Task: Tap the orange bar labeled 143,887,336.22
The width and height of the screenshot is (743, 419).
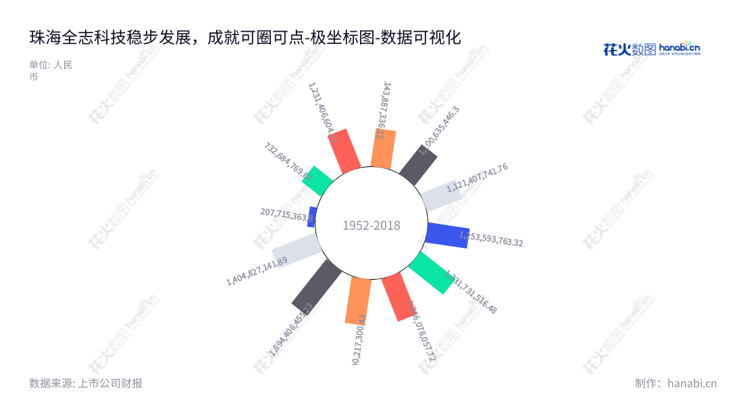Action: point(383,149)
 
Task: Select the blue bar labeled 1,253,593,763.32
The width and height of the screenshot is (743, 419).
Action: point(447,234)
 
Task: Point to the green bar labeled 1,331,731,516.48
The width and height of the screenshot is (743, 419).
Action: point(431,272)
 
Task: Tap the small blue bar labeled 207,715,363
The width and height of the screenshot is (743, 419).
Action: point(312,217)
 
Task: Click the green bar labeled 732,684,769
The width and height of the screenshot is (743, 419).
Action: point(317,180)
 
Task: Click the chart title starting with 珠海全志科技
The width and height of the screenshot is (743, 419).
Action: point(245,38)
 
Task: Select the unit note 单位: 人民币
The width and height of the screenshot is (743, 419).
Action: point(51,71)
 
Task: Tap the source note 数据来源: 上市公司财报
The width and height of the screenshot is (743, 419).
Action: point(86,383)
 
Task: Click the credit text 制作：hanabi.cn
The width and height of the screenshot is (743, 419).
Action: point(675,383)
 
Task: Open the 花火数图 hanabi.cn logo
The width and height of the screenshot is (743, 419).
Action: point(651,49)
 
